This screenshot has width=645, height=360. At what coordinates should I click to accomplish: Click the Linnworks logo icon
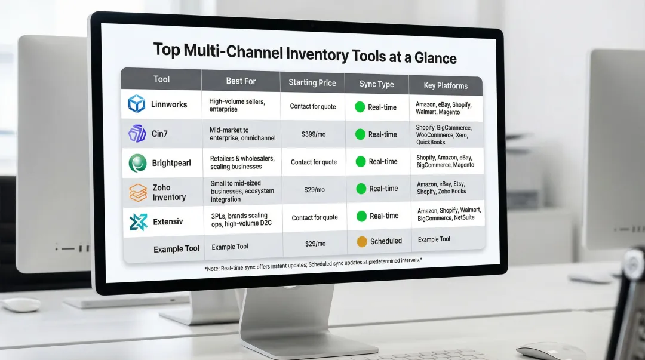tap(137, 104)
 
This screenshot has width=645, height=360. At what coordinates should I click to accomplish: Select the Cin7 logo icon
tap(137, 134)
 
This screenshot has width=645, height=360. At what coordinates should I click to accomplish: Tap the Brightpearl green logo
tap(137, 162)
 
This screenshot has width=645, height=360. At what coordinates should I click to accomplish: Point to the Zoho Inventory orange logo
tap(137, 192)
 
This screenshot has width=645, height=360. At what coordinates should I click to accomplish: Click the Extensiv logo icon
tap(138, 222)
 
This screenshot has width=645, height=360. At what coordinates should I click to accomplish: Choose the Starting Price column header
tap(312, 82)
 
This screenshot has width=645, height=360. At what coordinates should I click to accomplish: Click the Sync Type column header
tap(376, 84)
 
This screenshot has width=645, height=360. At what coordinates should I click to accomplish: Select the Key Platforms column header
tap(446, 85)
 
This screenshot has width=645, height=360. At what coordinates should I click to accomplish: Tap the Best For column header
tap(241, 81)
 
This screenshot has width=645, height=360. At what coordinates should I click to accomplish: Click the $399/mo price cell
tap(314, 134)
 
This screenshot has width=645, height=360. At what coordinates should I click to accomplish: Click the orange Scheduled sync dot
tap(362, 242)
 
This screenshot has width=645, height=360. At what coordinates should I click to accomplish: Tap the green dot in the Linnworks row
tap(360, 107)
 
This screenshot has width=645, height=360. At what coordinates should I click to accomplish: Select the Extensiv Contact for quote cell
tap(315, 218)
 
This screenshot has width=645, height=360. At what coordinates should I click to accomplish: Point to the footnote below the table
tap(313, 263)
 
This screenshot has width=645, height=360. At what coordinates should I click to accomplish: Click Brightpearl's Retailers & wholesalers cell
tap(242, 162)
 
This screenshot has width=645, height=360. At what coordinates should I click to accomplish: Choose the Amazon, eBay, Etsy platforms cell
tap(441, 188)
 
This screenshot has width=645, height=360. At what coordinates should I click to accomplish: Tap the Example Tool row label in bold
tap(176, 248)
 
